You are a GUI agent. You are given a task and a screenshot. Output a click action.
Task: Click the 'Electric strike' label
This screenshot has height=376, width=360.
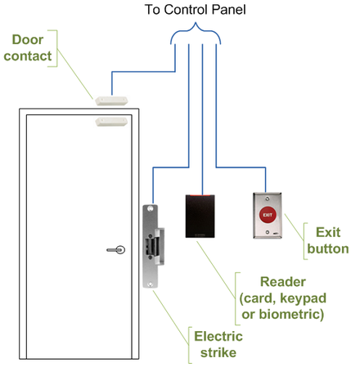217,345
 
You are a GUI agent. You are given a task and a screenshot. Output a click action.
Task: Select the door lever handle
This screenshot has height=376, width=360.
117,250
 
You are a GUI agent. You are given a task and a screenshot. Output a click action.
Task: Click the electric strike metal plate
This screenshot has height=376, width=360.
151,245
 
